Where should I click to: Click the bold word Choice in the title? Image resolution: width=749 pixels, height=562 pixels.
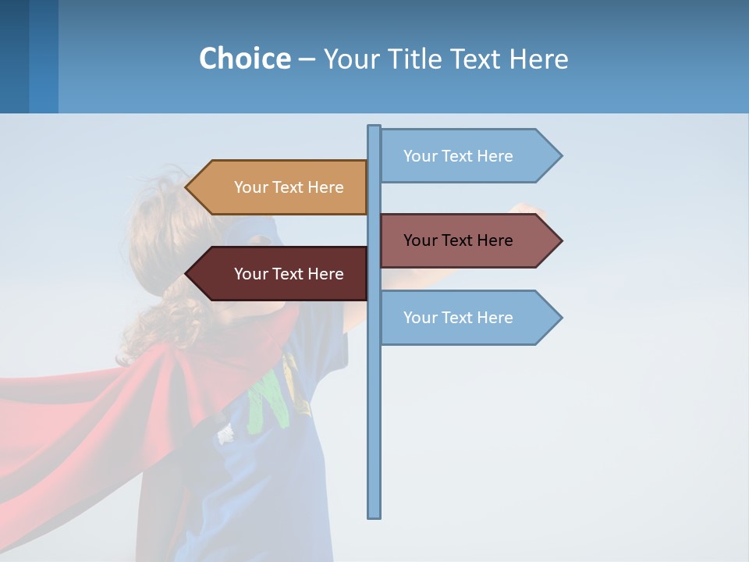click(x=244, y=59)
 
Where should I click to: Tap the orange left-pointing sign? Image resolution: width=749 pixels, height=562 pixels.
click(x=281, y=187)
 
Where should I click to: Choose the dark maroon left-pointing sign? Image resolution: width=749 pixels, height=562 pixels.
click(x=281, y=274)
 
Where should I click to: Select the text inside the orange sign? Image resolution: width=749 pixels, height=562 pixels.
click(x=289, y=187)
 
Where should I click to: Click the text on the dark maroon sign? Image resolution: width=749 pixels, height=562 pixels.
click(x=289, y=274)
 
